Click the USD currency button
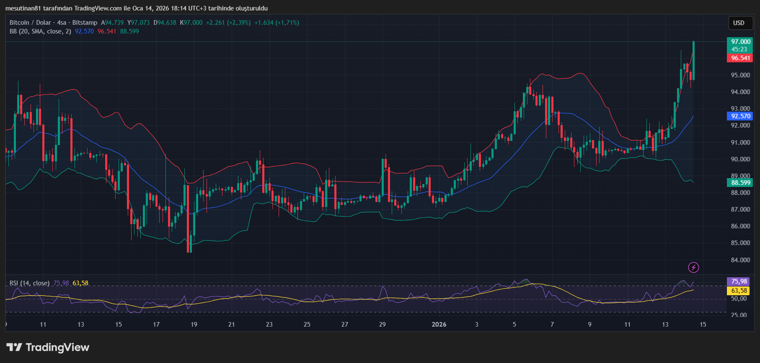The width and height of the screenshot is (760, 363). [x=739, y=23]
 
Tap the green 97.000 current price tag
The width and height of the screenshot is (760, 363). [x=740, y=42]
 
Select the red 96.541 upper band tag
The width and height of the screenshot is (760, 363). [x=740, y=58]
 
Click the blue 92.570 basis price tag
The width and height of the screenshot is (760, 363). [x=740, y=116]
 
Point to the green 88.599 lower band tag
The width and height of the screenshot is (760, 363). [x=740, y=183]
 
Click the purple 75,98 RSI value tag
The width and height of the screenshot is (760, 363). [x=739, y=281]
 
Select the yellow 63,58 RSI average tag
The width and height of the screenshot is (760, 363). [x=739, y=291]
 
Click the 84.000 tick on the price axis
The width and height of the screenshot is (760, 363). [x=740, y=260]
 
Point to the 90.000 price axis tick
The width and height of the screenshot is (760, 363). [x=740, y=159]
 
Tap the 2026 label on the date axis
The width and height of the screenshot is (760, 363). [x=439, y=325]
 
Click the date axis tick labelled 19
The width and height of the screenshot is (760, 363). [x=194, y=325]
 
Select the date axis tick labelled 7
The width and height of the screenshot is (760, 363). [x=552, y=325]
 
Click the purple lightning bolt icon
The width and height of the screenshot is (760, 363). [x=693, y=267]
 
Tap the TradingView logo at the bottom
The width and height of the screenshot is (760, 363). [x=48, y=348]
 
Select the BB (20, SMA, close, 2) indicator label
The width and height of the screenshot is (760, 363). [x=40, y=31]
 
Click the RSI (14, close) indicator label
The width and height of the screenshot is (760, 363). [x=29, y=283]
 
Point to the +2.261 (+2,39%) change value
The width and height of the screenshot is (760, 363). [x=228, y=23]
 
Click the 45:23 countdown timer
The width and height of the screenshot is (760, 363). [x=739, y=49]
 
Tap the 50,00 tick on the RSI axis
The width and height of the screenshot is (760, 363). [x=739, y=299]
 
